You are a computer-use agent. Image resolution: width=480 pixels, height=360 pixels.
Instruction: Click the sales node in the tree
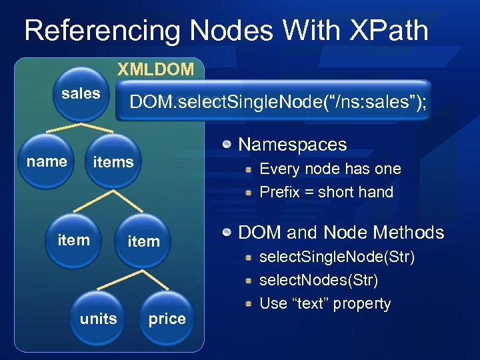(81, 94)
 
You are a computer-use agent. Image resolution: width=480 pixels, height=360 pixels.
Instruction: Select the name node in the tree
(47, 161)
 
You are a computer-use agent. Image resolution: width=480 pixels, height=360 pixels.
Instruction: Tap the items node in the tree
(113, 162)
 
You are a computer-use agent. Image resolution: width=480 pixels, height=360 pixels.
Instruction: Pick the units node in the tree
(99, 319)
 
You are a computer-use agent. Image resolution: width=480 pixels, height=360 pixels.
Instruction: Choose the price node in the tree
(167, 319)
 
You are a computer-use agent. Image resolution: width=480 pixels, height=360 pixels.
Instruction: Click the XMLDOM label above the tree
(156, 69)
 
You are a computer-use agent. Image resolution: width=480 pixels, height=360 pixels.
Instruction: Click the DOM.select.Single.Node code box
(273, 102)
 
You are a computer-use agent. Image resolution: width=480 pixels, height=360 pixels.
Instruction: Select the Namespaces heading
(293, 145)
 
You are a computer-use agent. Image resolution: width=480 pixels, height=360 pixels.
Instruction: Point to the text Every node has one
(330, 169)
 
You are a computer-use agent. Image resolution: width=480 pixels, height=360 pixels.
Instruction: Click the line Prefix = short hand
(326, 193)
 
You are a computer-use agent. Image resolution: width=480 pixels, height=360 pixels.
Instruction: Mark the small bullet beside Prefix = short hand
(249, 193)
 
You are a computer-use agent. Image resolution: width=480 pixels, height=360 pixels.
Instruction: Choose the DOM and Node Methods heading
(341, 233)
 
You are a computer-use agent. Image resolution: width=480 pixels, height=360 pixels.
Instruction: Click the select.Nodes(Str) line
(319, 280)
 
